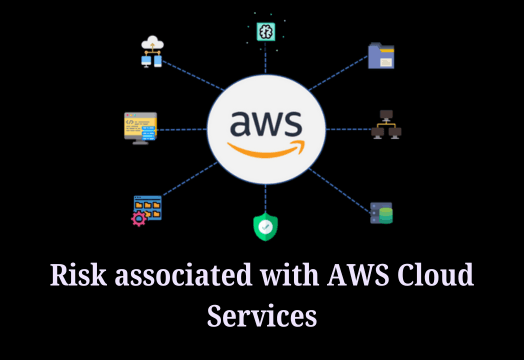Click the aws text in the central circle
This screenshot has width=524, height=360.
click(x=265, y=123)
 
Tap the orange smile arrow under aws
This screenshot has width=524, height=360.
click(x=265, y=147)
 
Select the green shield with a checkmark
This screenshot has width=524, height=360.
click(x=264, y=226)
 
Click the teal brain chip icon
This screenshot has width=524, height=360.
click(x=265, y=31)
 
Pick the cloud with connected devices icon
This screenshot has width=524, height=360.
click(x=152, y=51)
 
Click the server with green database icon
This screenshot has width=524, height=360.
click(x=381, y=213)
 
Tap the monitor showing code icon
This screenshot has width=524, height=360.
click(x=141, y=127)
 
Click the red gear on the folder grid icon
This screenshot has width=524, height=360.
click(x=138, y=217)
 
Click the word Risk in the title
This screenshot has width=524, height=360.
click(x=77, y=275)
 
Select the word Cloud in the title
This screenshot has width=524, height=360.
click(x=437, y=275)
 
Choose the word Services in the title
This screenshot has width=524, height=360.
click(x=262, y=315)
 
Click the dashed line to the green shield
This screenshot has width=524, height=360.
click(x=264, y=196)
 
